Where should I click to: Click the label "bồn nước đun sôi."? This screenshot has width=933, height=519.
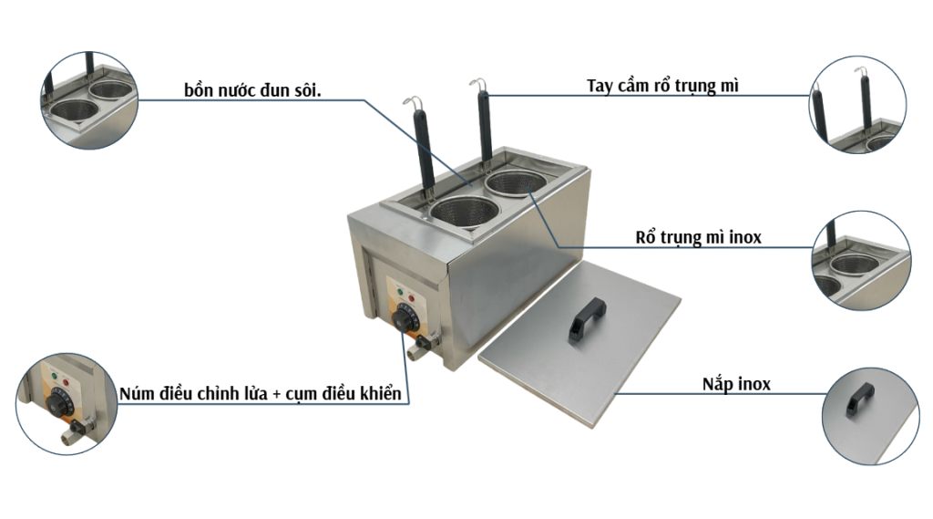tap(252, 91)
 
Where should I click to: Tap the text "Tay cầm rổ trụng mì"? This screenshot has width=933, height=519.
tap(662, 87)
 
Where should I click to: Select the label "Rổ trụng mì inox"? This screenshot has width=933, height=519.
tap(698, 238)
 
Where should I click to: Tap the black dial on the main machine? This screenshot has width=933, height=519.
tap(405, 318)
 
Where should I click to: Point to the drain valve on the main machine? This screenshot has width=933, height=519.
tap(421, 348)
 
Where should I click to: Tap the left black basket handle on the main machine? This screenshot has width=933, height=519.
tap(424, 147)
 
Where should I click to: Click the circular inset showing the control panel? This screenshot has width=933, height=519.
tap(63, 402)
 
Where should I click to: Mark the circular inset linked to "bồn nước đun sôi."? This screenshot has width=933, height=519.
tap(89, 99)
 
